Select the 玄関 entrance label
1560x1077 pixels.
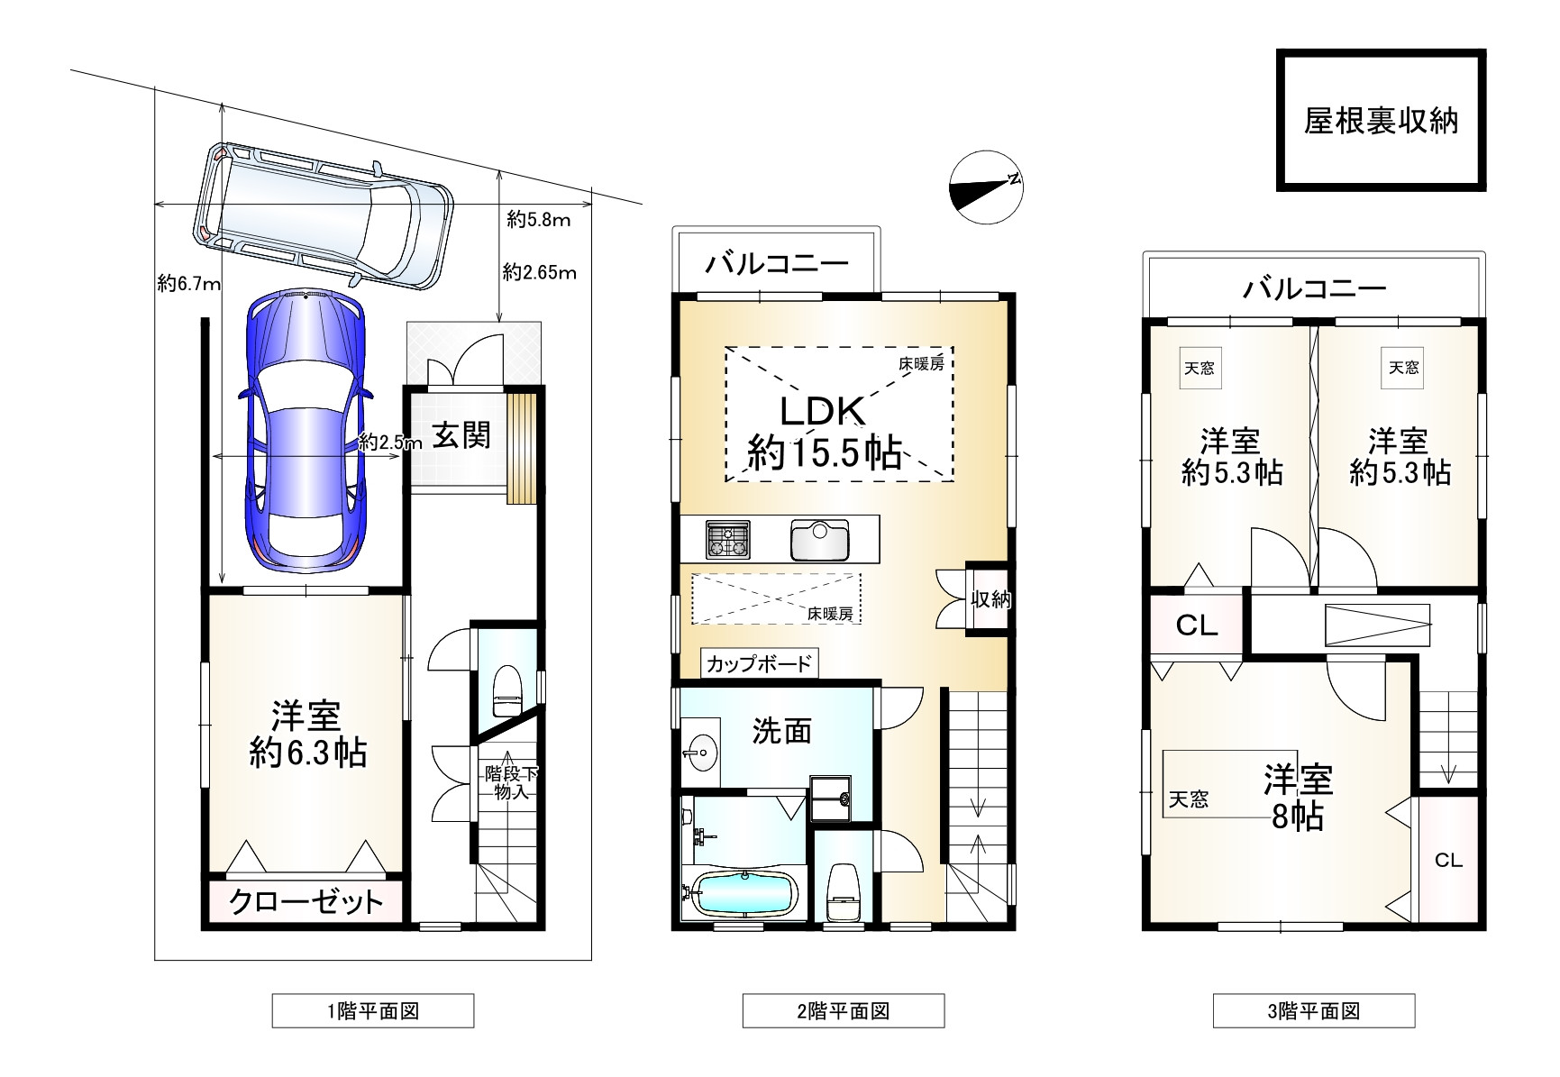[x=462, y=435]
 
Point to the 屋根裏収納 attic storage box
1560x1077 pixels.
[x=1381, y=121]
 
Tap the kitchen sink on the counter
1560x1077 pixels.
[x=820, y=540]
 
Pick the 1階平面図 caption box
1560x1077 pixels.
[x=373, y=1010]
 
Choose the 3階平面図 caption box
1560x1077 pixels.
[x=1314, y=1010]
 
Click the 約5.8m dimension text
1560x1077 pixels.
[x=538, y=220]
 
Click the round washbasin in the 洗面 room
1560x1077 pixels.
[x=700, y=747]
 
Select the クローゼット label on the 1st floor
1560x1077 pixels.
[x=306, y=901]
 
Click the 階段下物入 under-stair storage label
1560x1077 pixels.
[x=511, y=783]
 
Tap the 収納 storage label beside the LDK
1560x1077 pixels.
[x=990, y=599]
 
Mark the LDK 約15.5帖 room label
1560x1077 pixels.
[x=824, y=432]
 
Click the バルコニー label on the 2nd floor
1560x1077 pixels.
[x=777, y=264]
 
